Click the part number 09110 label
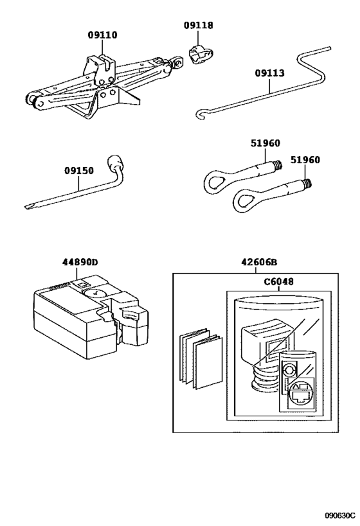click(x=103, y=35)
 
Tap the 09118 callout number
click(x=199, y=26)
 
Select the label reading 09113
click(x=269, y=73)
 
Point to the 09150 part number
click(x=79, y=171)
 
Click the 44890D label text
click(x=80, y=262)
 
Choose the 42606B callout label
click(x=259, y=262)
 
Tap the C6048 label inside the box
click(x=278, y=281)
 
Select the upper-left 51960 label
click(x=265, y=143)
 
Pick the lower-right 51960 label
click(x=305, y=160)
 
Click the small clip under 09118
click(x=201, y=53)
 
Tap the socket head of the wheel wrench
click(x=114, y=162)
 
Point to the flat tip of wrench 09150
click(x=28, y=206)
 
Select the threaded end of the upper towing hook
click(x=277, y=164)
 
